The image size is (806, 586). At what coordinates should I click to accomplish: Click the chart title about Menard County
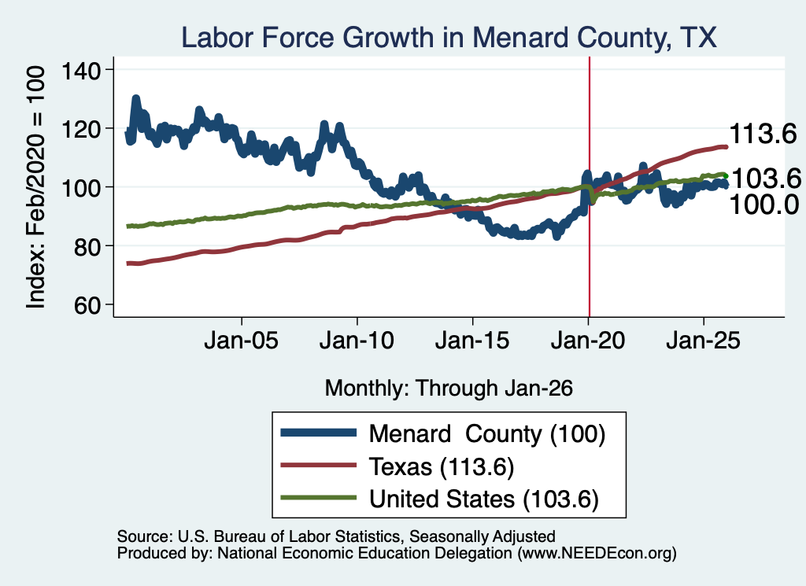(449, 38)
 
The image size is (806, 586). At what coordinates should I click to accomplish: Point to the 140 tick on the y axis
(81, 70)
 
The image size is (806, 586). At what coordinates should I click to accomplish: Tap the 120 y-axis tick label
(81, 129)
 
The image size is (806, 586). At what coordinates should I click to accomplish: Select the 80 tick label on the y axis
(87, 246)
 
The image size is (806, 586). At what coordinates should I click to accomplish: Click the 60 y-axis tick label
(87, 305)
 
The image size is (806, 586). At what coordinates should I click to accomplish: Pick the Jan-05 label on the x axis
(241, 340)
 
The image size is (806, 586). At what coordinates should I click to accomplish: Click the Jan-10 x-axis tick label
(357, 340)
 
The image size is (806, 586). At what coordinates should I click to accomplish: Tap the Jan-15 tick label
(472, 340)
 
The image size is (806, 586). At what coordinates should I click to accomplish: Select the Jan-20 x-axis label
(588, 340)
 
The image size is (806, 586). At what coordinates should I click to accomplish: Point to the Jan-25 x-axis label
(703, 340)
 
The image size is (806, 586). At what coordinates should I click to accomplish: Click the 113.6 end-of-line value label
(763, 134)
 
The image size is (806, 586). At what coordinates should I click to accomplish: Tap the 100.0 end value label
(764, 205)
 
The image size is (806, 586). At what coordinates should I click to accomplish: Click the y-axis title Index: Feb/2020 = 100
(35, 188)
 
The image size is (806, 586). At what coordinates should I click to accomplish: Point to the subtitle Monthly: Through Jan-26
(449, 389)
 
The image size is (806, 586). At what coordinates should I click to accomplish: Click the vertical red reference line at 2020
(589, 186)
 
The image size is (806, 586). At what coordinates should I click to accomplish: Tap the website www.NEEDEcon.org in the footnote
(597, 553)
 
